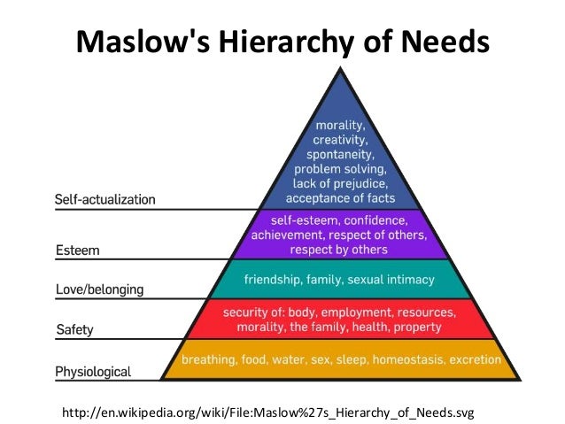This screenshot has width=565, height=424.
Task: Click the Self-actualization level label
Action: tap(104, 199)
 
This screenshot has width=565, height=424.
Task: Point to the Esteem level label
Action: tap(77, 251)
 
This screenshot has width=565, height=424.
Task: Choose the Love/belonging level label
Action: tap(99, 289)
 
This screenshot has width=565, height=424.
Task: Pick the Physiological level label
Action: tap(93, 371)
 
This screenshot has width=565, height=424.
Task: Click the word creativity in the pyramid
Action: tap(341, 139)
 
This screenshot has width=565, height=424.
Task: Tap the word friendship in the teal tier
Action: tap(276, 280)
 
